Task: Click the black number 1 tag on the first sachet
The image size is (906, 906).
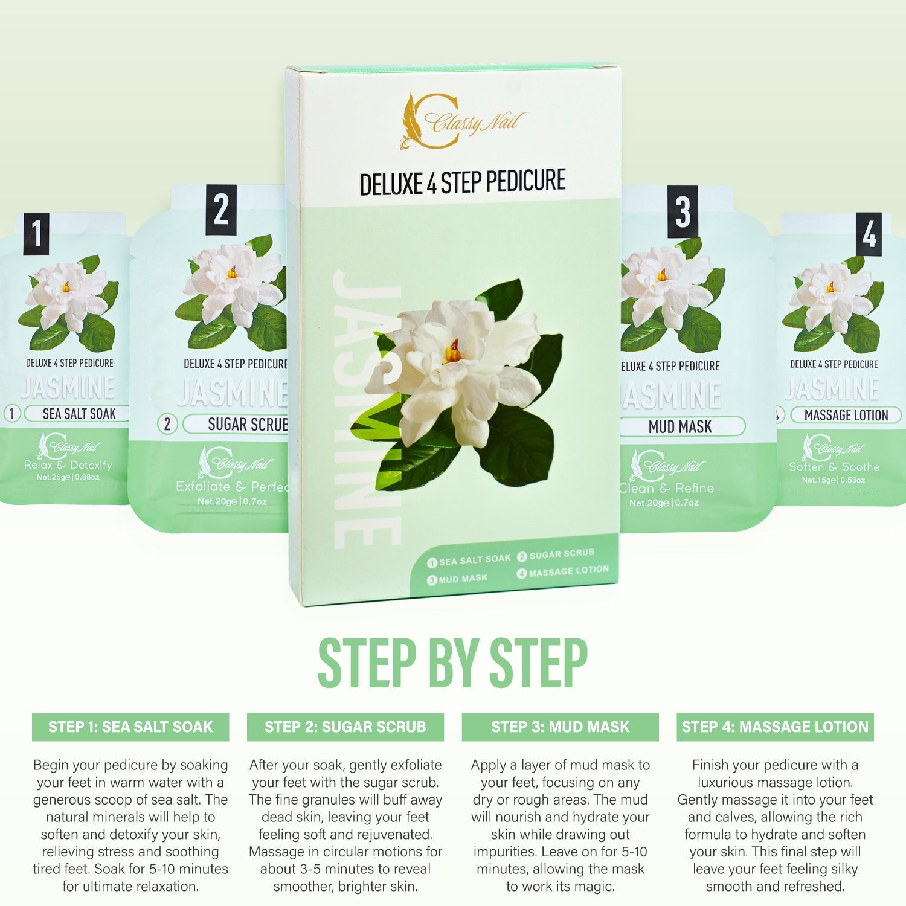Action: click(x=36, y=234)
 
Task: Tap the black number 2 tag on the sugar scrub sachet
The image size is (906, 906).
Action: click(x=221, y=210)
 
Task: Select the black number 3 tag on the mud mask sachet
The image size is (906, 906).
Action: click(x=683, y=212)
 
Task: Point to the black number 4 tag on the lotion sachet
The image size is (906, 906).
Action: click(x=869, y=234)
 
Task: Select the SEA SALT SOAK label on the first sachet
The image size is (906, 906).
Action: click(x=79, y=414)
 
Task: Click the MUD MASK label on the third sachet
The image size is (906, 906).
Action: click(x=680, y=426)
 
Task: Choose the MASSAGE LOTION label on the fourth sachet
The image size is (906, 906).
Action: click(x=846, y=416)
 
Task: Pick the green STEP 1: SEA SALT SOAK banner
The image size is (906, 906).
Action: click(x=130, y=727)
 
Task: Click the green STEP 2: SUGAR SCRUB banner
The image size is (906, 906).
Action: click(x=345, y=727)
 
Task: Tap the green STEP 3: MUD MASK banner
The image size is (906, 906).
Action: click(x=560, y=727)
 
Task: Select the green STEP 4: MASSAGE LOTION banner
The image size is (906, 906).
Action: click(x=775, y=727)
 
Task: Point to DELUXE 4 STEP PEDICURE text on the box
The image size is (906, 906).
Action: click(x=462, y=182)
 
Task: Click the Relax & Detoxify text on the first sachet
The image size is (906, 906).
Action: click(x=68, y=465)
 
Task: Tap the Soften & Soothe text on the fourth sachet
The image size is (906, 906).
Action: click(x=834, y=467)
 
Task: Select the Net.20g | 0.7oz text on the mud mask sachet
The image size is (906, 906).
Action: click(x=663, y=503)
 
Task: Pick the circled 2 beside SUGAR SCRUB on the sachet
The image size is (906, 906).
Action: click(x=167, y=424)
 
